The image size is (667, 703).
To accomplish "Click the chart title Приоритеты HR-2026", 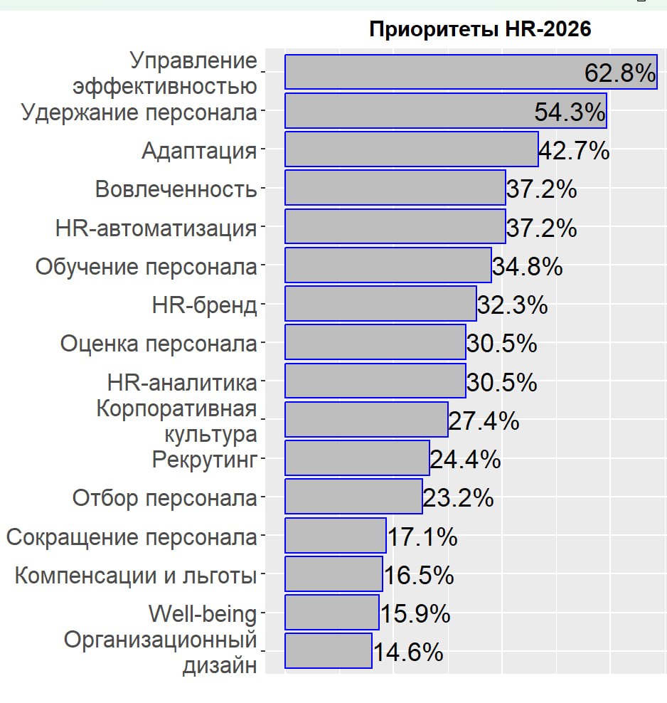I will point(481,30).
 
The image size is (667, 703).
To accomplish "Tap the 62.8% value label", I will point(619,73).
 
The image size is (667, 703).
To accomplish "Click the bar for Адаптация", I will point(411,149).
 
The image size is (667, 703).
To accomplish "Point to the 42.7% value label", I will point(574,151).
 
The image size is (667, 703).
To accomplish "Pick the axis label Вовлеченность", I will point(176,189).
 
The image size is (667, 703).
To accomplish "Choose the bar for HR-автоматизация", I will point(395,226).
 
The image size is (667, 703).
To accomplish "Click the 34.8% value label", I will point(527,267).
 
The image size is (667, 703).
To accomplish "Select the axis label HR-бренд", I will point(204,305).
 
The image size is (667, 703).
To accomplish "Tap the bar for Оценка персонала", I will point(375,342).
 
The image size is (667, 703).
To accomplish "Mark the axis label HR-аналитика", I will point(181,382).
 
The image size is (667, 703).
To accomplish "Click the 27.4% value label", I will point(484,421).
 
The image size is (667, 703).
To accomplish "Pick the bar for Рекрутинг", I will point(357,458).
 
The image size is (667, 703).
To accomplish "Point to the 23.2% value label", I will point(458,498).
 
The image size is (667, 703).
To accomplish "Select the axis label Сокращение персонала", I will point(132,536).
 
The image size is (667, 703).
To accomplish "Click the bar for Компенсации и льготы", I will point(333,573).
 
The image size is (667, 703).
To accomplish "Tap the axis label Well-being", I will point(202,613).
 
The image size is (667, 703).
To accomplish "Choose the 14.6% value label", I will point(408,652).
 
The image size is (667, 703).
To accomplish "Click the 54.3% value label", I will point(570,112).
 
